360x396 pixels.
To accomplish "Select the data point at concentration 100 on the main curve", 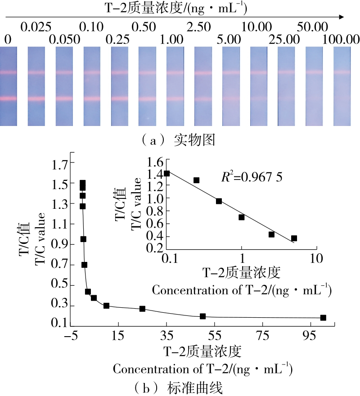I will tap(323, 318).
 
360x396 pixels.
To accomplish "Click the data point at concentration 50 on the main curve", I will tap(202, 316).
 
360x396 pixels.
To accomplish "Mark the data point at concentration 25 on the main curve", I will tap(142, 309).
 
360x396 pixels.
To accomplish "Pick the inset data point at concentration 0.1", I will tap(167, 173).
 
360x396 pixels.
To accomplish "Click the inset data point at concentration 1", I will tap(242, 217).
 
